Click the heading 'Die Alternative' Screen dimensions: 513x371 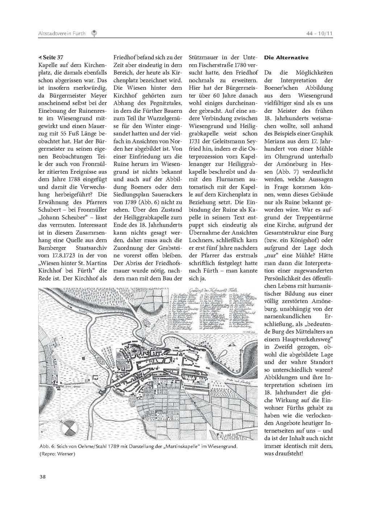click(x=286, y=58)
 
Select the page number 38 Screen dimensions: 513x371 click(x=42, y=476)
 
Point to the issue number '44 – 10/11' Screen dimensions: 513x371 click(x=319, y=34)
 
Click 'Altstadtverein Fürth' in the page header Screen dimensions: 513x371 click(x=62, y=34)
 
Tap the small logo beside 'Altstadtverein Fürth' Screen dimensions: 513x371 click(x=94, y=33)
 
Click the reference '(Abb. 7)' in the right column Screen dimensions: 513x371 click(x=289, y=172)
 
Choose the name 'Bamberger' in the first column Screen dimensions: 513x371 click(x=53, y=248)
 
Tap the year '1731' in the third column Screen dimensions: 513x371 click(x=195, y=141)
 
